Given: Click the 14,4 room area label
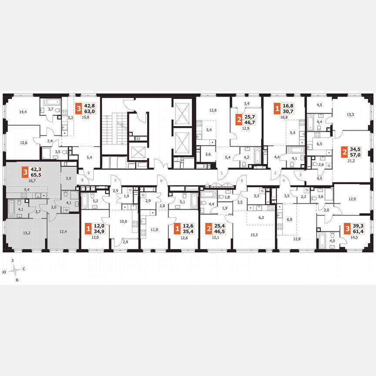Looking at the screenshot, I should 23,112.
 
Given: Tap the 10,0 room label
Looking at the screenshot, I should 124,222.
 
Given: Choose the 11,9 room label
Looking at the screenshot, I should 154,229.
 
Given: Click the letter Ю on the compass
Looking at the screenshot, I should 4,272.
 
